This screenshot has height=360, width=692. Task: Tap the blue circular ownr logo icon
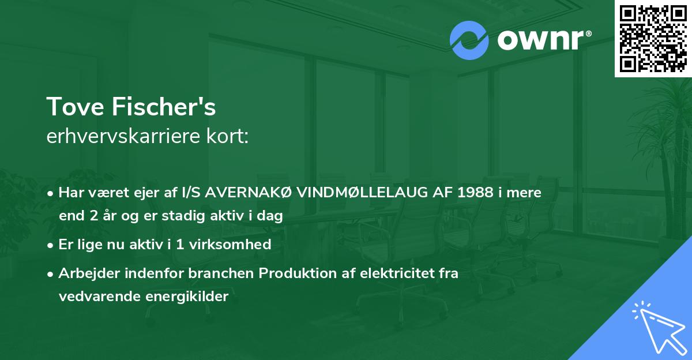(469, 40)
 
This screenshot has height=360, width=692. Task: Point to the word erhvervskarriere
(119, 136)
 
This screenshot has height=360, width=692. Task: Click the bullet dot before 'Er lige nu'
(51, 245)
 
